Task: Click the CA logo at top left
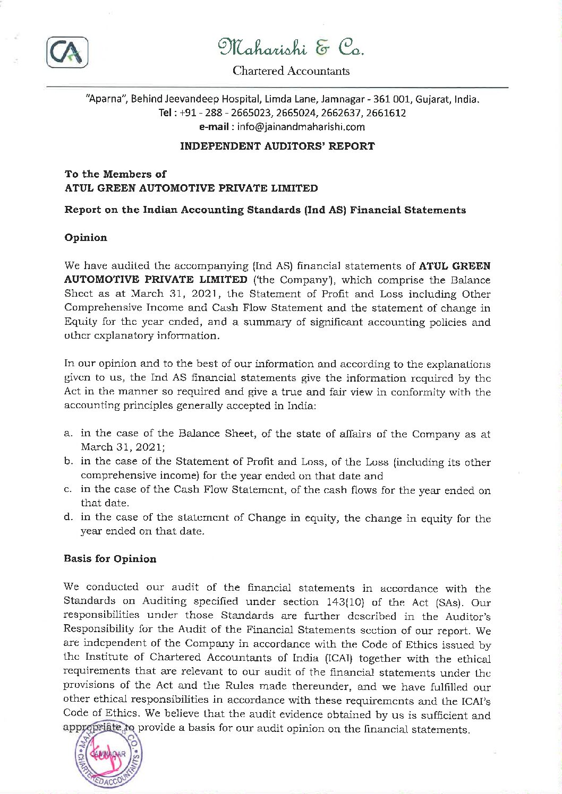[67, 53]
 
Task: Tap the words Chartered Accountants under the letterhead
[291, 71]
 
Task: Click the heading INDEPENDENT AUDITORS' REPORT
[277, 146]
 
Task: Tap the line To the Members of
[115, 174]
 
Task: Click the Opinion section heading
[86, 237]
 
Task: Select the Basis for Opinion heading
[110, 559]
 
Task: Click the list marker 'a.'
[69, 433]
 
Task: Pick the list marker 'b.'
[69, 461]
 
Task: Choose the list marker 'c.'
[69, 489]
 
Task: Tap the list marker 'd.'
[69, 517]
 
